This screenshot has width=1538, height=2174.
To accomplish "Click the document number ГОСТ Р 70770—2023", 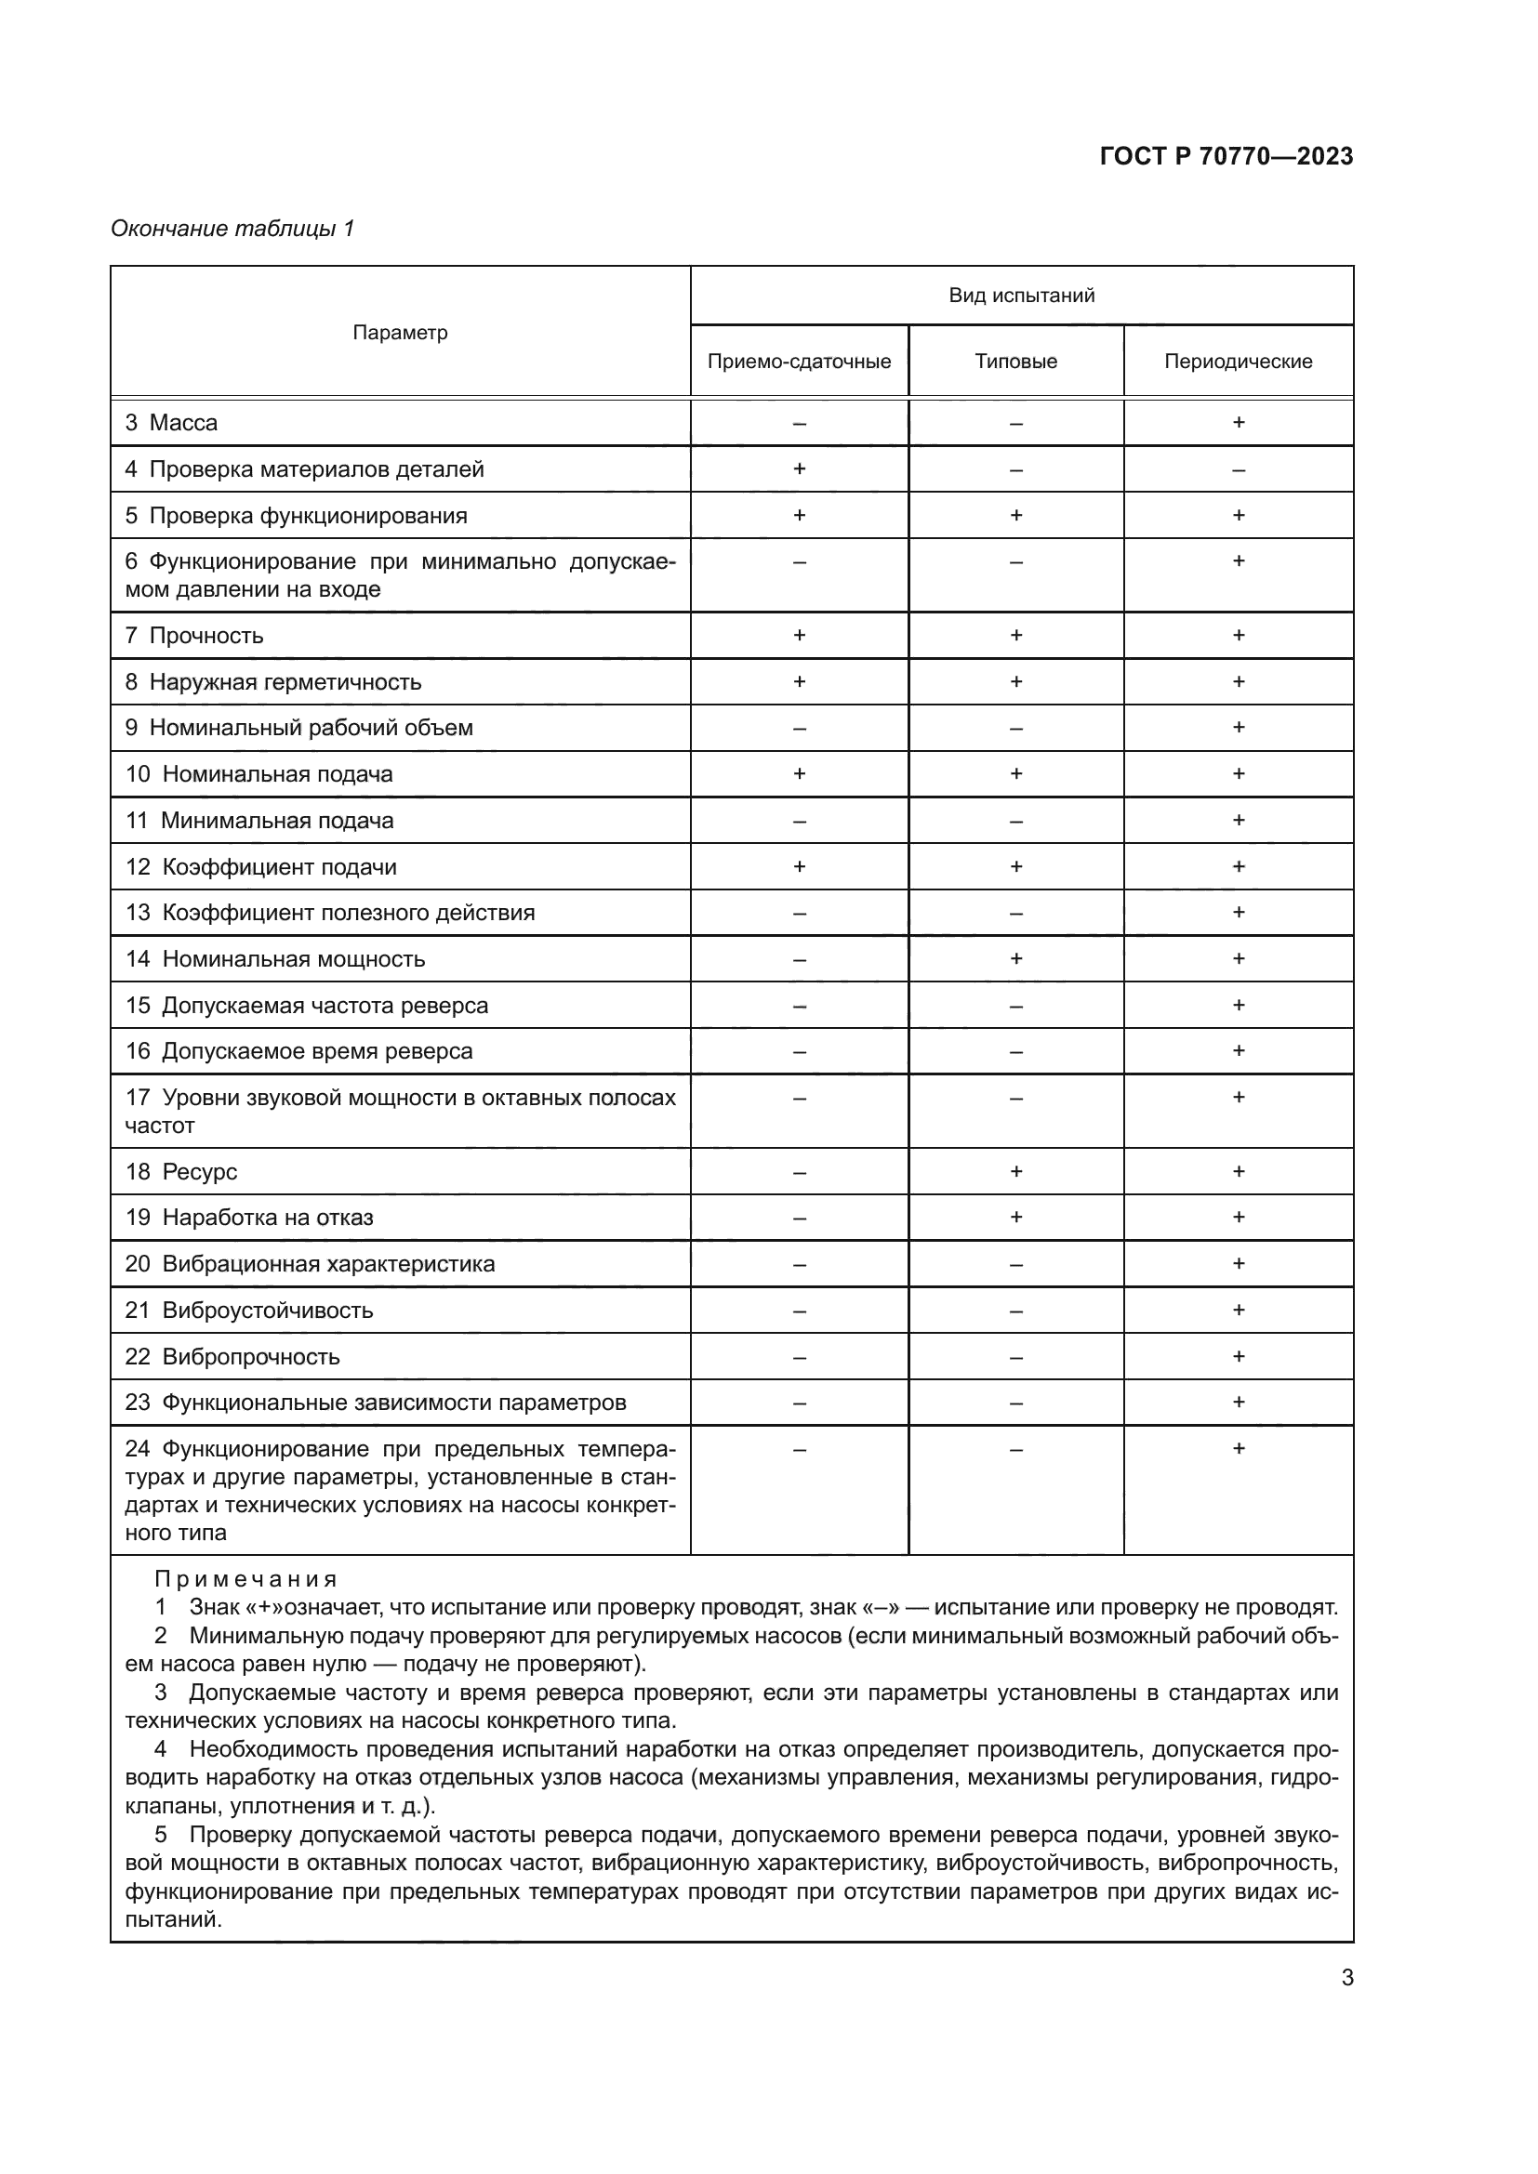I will pyautogui.click(x=1226, y=156).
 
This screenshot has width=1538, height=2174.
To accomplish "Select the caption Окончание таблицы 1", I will pyautogui.click(x=232, y=229).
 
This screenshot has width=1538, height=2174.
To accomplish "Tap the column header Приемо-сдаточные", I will pyautogui.click(x=799, y=362).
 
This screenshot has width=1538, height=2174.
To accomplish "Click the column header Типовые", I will pyautogui.click(x=1015, y=362).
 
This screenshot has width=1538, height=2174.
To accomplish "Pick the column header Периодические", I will pyautogui.click(x=1238, y=362).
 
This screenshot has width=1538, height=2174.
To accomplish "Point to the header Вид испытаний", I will pyautogui.click(x=1021, y=296).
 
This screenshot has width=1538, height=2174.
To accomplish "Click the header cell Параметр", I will pyautogui.click(x=400, y=333).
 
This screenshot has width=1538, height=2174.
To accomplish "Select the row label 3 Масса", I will pyautogui.click(x=171, y=423).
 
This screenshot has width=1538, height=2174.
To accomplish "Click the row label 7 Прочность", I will pyautogui.click(x=194, y=636).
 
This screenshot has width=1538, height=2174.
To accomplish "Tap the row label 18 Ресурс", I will pyautogui.click(x=181, y=1171).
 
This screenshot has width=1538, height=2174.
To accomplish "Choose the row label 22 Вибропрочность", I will pyautogui.click(x=232, y=1356).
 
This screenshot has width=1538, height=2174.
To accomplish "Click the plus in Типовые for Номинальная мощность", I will pyautogui.click(x=1015, y=958).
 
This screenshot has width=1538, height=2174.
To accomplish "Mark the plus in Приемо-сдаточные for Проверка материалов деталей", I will pyautogui.click(x=799, y=468).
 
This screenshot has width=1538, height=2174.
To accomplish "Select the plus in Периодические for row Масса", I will pyautogui.click(x=1238, y=422).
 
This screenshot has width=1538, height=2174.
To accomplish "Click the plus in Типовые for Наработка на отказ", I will pyautogui.click(x=1015, y=1217).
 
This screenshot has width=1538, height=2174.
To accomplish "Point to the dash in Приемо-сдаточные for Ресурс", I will pyautogui.click(x=799, y=1172).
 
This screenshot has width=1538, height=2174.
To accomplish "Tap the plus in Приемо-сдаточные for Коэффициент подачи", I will pyautogui.click(x=799, y=866).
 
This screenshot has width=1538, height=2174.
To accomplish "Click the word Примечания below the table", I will pyautogui.click(x=245, y=1579).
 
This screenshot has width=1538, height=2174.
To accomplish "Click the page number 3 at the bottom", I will pyautogui.click(x=1346, y=1978).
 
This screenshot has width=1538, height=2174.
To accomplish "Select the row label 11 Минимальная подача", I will pyautogui.click(x=259, y=821).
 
